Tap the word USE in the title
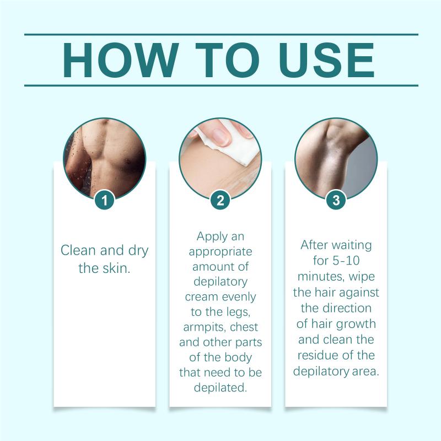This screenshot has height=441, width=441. click(x=327, y=60)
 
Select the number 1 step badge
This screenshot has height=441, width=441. click(x=105, y=200)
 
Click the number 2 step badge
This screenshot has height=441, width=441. click(x=220, y=200)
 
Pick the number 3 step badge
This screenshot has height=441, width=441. click(x=336, y=200)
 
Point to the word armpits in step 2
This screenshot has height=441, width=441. click(x=204, y=327)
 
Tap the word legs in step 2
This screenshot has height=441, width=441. click(x=238, y=312)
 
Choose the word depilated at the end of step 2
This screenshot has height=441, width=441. click(x=220, y=388)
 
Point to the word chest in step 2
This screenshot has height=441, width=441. click(x=244, y=327)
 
